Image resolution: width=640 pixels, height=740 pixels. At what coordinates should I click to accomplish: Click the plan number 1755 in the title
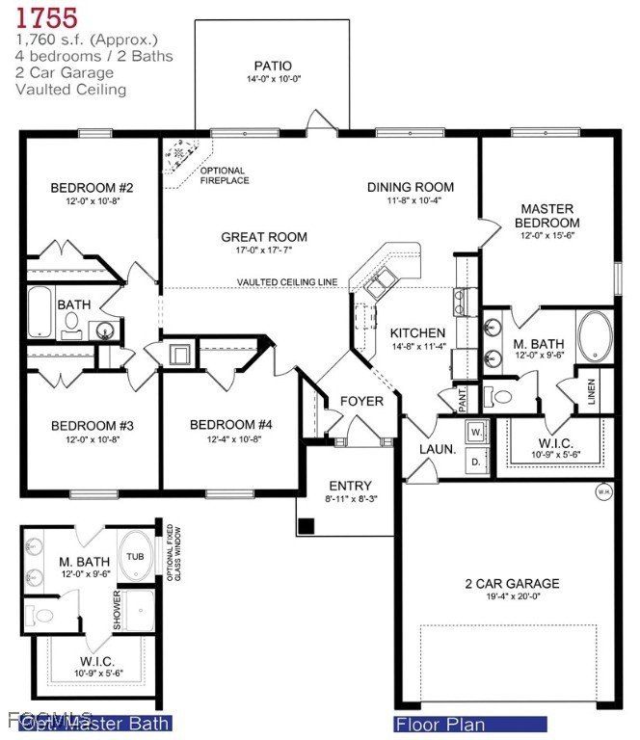point(46,17)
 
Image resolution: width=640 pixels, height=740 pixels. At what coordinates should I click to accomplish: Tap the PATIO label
point(272,66)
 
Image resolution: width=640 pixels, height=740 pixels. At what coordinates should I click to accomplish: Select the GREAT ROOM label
point(264,237)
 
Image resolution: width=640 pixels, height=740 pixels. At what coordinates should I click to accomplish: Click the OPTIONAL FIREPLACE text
point(225,175)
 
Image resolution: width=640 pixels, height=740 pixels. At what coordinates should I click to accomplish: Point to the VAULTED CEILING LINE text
point(287,282)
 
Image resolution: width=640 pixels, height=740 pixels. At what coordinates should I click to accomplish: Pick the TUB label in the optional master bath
point(134,557)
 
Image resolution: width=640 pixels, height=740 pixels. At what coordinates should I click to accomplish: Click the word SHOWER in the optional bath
point(118,610)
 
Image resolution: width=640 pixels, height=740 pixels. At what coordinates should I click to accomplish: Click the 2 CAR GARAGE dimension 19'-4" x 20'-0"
point(512,599)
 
